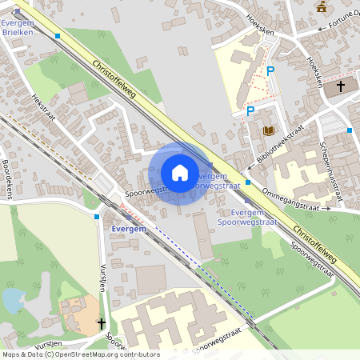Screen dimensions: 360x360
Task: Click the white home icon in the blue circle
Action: (x=180, y=173)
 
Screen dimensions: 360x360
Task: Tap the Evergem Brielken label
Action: (x=18, y=28)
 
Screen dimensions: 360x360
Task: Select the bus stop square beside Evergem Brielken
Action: (x=58, y=36)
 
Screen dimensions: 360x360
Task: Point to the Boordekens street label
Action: (x=9, y=176)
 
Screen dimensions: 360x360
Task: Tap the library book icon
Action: (x=269, y=130)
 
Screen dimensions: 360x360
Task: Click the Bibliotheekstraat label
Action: (x=281, y=144)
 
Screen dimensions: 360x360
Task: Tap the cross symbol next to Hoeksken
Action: (x=340, y=86)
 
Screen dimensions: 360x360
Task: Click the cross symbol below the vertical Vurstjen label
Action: (x=101, y=323)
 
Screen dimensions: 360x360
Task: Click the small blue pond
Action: (x=14, y=300)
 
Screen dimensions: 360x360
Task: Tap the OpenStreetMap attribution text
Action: (x=80, y=354)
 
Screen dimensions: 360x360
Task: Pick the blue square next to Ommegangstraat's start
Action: (x=248, y=182)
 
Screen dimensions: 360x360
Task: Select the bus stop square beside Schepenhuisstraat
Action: (x=350, y=130)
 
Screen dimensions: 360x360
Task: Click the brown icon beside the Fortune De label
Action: (x=322, y=7)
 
